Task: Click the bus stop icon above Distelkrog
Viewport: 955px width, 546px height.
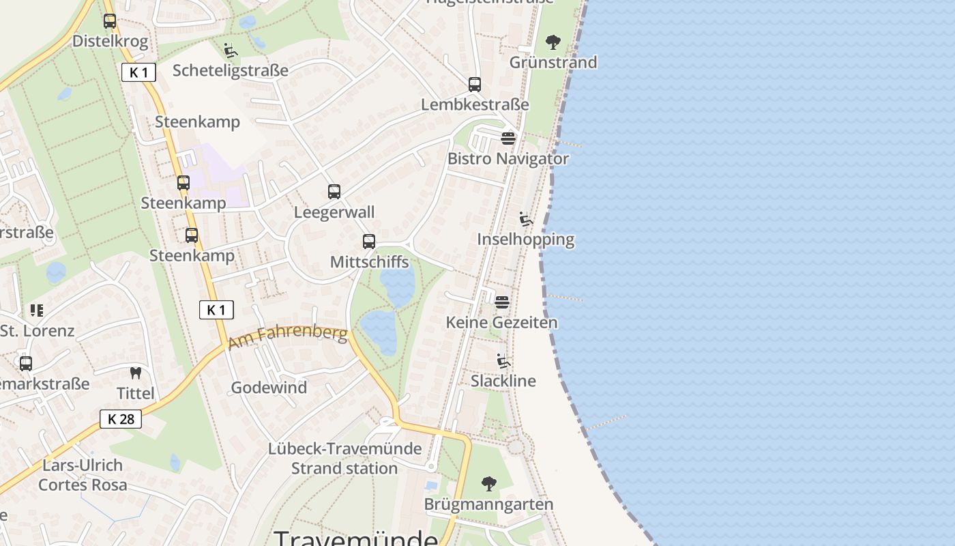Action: [110, 21]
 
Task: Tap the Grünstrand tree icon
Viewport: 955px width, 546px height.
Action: [553, 42]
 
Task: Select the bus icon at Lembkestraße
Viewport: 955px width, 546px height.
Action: [475, 85]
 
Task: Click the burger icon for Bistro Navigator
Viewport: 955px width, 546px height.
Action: [508, 139]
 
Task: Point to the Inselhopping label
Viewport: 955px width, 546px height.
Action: [525, 240]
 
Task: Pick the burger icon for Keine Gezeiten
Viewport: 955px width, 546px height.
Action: [502, 302]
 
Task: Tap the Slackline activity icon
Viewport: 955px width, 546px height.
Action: [503, 361]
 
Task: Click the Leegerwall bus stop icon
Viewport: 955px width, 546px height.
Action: [334, 192]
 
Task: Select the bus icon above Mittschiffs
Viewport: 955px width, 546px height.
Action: [369, 242]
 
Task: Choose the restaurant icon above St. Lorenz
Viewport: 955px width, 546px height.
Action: [37, 311]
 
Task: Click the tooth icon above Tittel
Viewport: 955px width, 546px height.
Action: [136, 373]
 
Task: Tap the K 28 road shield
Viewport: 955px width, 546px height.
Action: [121, 419]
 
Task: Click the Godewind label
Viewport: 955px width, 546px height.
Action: [269, 388]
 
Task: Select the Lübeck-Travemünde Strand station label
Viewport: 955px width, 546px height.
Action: [344, 459]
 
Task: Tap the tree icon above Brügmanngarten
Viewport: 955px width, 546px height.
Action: [488, 485]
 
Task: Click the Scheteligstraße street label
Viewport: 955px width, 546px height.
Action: [231, 70]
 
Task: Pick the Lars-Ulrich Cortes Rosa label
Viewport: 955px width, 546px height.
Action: [83, 475]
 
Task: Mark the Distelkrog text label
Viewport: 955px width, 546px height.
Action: [110, 41]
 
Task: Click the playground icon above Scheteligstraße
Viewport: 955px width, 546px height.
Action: [231, 51]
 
